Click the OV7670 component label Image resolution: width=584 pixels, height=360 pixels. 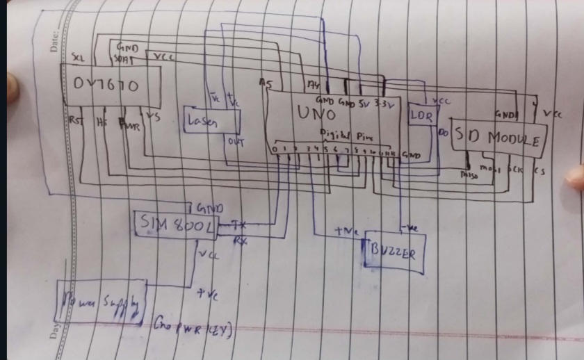[106, 85]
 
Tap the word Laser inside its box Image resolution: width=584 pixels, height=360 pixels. [202, 122]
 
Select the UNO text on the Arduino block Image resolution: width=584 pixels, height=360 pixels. [317, 112]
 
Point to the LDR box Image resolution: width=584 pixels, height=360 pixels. [421, 117]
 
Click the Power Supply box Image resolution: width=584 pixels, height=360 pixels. [102, 302]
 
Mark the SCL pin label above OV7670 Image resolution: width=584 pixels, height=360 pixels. [78, 56]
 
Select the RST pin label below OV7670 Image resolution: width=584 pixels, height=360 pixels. [74, 120]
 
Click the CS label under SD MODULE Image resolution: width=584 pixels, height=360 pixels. [539, 169]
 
